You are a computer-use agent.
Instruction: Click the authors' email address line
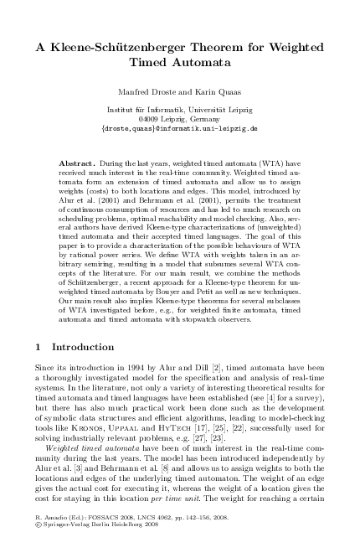coord(179,130)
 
